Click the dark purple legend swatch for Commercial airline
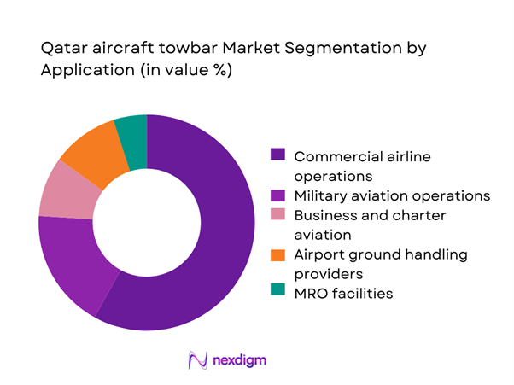coord(277,155)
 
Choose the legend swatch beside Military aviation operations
coord(277,195)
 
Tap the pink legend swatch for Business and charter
coord(277,215)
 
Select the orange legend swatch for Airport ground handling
coord(277,254)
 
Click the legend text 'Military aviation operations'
coord(392,195)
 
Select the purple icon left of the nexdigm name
coord(199,360)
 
